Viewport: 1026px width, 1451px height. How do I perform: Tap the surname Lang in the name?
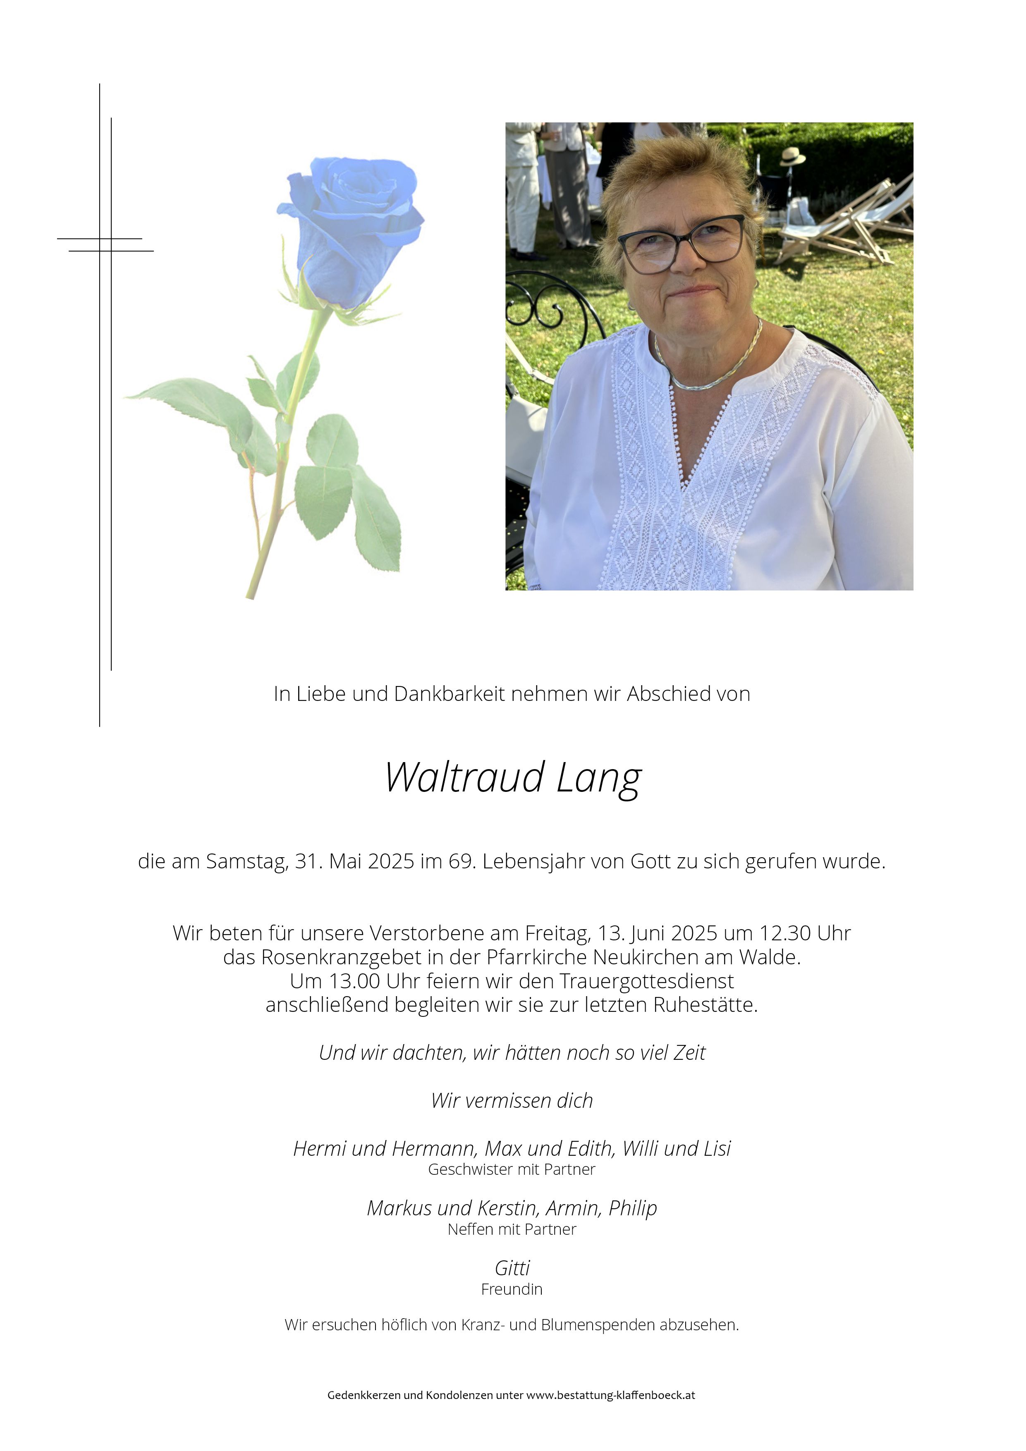[599, 778]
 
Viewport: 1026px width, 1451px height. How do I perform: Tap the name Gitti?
[512, 1268]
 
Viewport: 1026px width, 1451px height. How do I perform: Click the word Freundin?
[512, 1289]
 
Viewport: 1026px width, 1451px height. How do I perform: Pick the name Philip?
[633, 1208]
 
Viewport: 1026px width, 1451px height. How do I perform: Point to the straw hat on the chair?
[792, 156]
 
